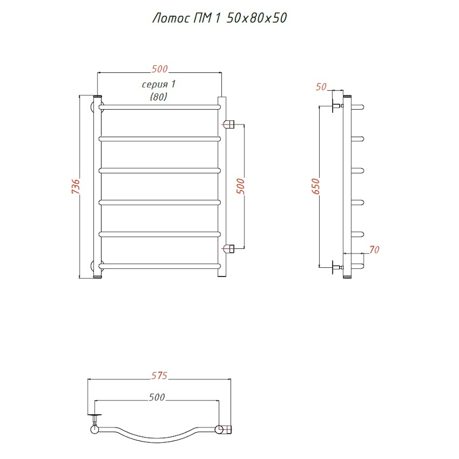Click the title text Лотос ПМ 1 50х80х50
tap(219, 18)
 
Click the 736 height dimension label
tap(75, 186)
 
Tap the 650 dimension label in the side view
tap(316, 186)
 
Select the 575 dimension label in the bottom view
tap(159, 375)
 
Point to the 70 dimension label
tap(374, 250)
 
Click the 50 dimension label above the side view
tap(321, 87)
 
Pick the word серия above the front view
tap(155, 85)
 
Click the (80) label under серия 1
tap(159, 96)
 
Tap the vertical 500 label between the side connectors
tap(240, 186)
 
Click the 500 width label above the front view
tap(160, 69)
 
